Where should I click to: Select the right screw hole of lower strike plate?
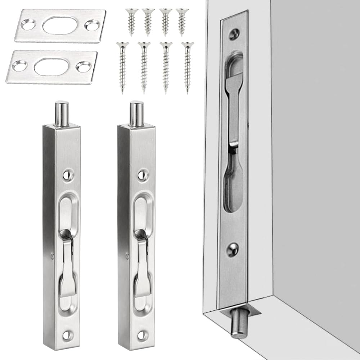pos(83,67)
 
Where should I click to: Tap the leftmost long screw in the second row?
pos(122,65)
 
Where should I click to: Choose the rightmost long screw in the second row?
pos(187,65)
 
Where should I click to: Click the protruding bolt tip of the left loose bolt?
pos(62,113)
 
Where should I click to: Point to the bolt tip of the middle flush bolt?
pos(136,113)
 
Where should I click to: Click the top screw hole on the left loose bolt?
pos(68,175)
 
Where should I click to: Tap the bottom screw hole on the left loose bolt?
pos(68,335)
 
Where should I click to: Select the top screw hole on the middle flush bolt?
pos(143,175)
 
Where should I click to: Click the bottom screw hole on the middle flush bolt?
pos(143,335)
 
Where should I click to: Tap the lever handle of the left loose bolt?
pos(67,266)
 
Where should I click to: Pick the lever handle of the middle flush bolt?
pos(142,266)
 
